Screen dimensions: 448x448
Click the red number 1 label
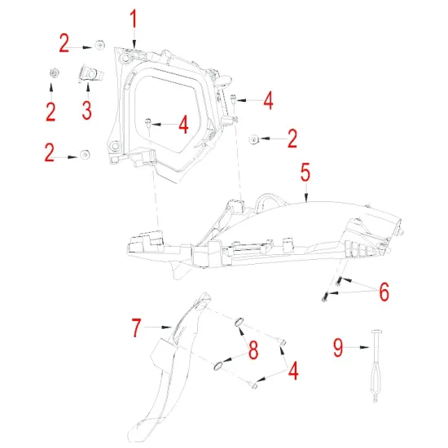134,18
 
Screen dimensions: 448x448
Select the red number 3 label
87,108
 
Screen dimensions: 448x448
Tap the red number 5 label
305,173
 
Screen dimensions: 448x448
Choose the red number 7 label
138,328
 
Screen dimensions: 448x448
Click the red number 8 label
253,350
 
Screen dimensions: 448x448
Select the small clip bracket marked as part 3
92,75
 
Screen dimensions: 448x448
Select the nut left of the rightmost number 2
254,139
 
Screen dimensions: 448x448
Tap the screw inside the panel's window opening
148,123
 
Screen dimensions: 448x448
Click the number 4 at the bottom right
292,371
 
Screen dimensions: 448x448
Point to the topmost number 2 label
64,43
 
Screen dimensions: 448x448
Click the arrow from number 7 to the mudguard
163,328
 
